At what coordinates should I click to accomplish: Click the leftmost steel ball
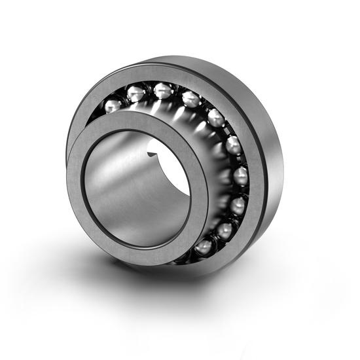(113, 104)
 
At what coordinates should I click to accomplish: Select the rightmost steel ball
(240, 175)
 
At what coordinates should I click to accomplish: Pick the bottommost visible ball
(204, 247)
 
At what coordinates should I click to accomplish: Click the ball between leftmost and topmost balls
(136, 93)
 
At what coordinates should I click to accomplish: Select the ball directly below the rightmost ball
(237, 205)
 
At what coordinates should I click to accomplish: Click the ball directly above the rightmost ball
(233, 145)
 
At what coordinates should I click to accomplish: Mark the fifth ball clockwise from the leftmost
(216, 118)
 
